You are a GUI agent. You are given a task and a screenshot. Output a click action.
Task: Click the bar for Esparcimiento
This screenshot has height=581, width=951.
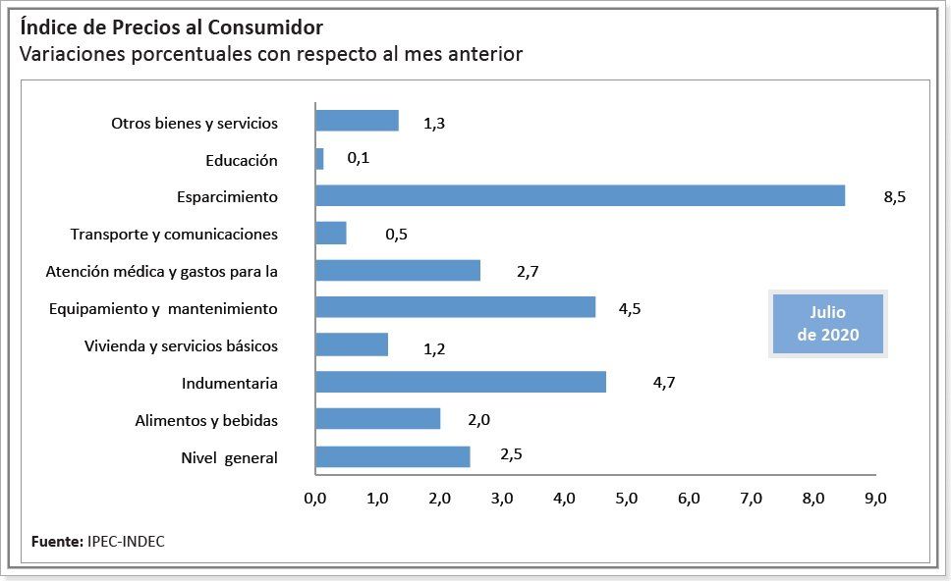click(x=580, y=196)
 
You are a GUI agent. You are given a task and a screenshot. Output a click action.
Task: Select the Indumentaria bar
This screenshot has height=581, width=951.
click(x=460, y=383)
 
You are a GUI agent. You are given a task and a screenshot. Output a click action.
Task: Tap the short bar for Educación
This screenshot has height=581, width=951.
click(x=319, y=159)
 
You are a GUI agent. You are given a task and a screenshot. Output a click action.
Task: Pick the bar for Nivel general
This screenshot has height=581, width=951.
click(x=392, y=457)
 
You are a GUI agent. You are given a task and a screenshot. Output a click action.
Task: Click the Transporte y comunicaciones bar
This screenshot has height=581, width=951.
click(x=330, y=234)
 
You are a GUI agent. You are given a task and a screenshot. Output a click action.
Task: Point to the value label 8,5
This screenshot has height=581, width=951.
click(x=894, y=197)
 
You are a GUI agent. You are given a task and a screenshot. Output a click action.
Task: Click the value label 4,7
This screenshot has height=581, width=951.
click(x=663, y=384)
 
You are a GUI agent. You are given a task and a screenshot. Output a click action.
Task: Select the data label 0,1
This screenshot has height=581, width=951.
click(x=359, y=158)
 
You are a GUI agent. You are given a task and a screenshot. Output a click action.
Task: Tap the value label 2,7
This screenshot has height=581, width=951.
click(x=528, y=272)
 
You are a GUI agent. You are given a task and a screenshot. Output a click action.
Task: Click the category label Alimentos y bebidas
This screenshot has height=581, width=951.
click(x=206, y=421)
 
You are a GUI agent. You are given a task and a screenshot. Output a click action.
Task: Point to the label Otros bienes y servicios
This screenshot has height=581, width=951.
click(x=195, y=124)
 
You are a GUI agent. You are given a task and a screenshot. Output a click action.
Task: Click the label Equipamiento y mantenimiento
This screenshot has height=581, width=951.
click(x=163, y=309)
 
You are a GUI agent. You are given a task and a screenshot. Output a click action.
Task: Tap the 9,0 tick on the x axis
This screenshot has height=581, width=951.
click(x=875, y=499)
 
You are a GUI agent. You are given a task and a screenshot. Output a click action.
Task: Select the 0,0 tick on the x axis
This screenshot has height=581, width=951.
click(x=315, y=499)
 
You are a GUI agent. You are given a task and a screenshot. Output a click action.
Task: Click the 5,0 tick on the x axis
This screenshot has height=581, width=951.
click(x=626, y=499)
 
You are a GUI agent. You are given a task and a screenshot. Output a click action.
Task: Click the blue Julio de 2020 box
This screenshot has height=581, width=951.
click(x=827, y=323)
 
